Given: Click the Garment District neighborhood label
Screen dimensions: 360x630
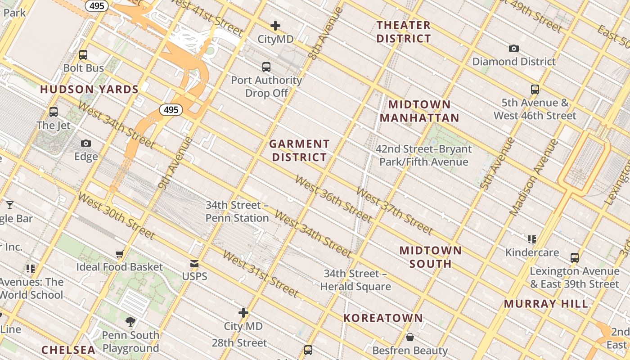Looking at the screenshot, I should (299, 151).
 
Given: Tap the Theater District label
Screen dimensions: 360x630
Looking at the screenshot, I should (404, 32).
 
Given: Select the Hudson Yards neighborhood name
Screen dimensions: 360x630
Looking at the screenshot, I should (90, 90).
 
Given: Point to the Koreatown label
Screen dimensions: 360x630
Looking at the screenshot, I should (383, 318).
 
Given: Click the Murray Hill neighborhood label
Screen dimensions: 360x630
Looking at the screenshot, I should (546, 304).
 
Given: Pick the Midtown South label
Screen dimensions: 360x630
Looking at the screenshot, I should (431, 257).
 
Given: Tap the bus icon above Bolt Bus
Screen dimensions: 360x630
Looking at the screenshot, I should (83, 55).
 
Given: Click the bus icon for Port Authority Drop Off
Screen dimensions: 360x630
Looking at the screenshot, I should (266, 67).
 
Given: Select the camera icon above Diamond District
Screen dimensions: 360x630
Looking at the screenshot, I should (514, 48).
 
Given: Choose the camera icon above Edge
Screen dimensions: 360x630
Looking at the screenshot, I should (86, 143).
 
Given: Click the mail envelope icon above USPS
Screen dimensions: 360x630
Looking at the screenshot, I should (194, 263).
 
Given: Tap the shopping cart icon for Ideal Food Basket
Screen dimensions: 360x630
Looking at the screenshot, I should (119, 254).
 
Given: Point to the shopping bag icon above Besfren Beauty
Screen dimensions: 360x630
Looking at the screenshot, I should (410, 337).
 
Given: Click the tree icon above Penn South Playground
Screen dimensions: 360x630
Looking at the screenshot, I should (130, 321).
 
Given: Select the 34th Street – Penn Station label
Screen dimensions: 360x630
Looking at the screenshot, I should (237, 211).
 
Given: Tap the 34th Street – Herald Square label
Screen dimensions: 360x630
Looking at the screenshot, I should (355, 280).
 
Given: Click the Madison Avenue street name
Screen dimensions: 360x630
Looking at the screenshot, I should (534, 177).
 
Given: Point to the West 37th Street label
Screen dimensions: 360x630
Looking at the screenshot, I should (394, 211).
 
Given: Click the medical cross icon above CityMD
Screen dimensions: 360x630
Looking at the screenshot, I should (275, 26).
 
